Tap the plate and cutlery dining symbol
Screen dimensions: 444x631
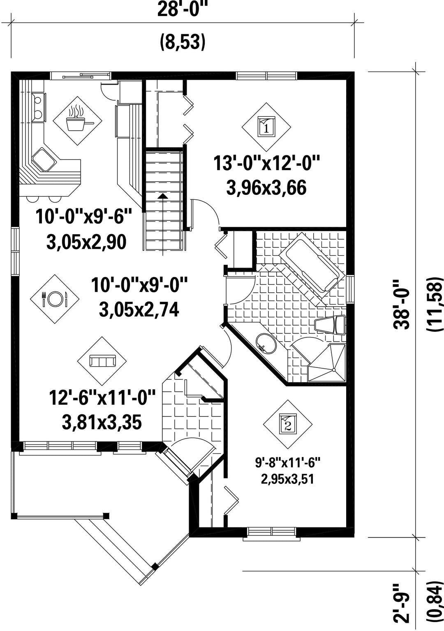(55, 299)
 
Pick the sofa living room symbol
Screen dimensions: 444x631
(102, 361)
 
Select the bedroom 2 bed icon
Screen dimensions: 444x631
(288, 424)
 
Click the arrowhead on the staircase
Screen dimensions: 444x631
(162, 196)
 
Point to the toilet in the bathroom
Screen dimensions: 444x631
(330, 325)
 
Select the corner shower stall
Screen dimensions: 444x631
(327, 363)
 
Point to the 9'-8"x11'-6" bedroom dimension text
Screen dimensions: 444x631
(288, 463)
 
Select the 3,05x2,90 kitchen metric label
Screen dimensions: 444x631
(86, 242)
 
